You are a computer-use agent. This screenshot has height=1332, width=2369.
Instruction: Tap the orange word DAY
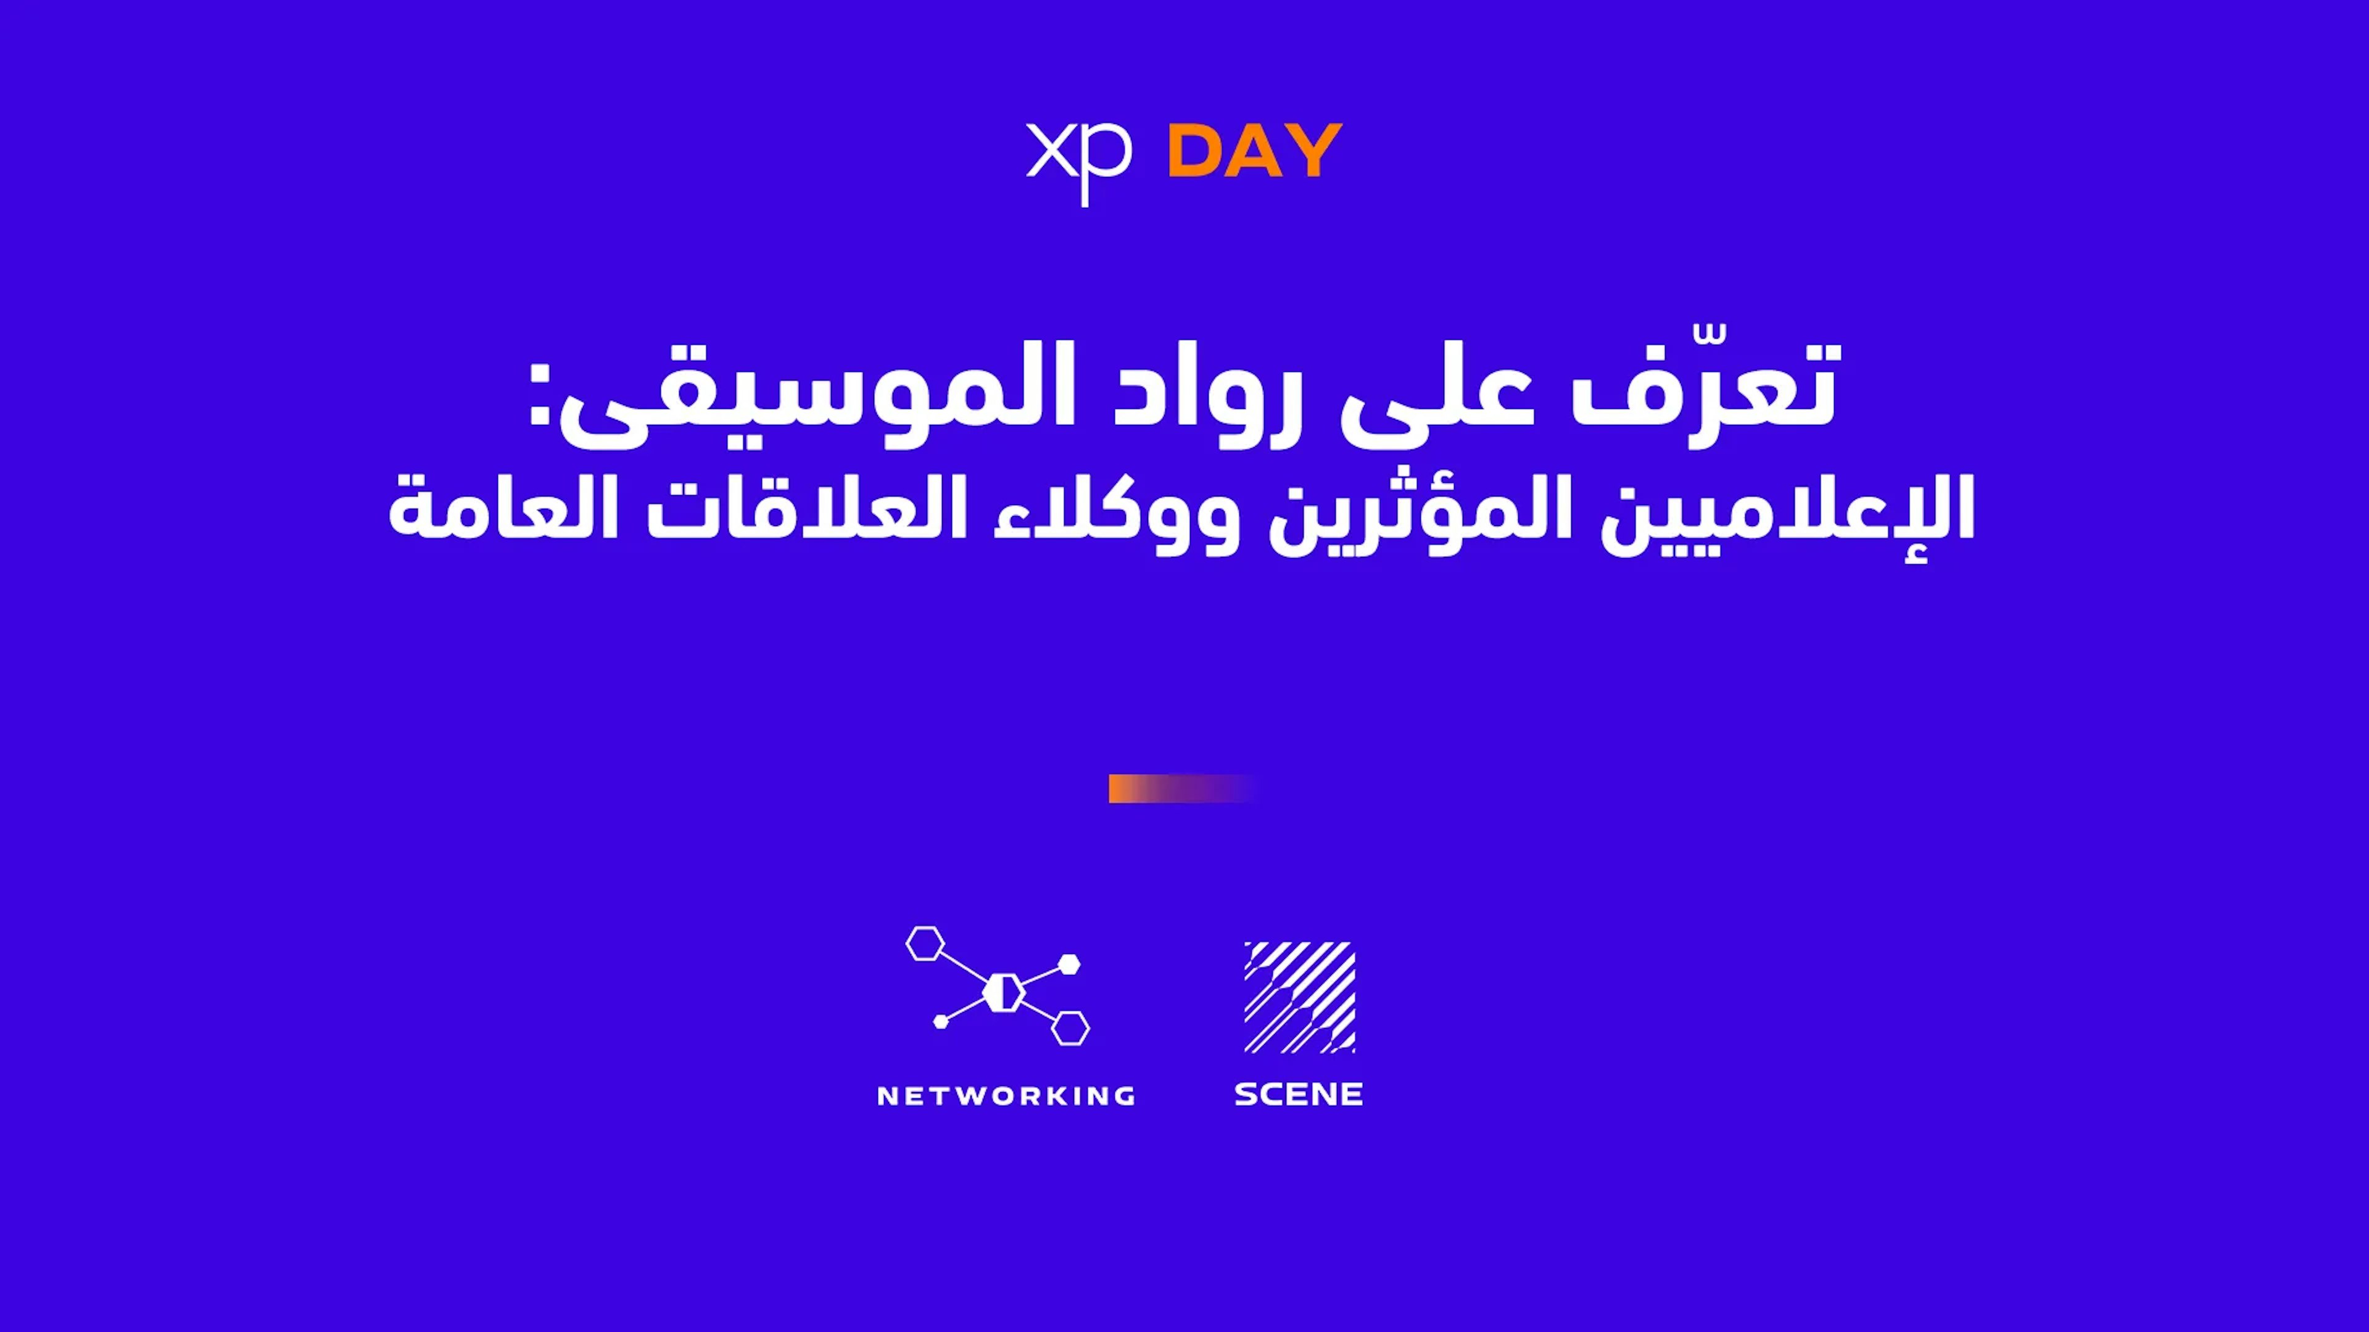1254,150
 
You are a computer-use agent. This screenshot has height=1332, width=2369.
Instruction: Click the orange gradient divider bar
1182,789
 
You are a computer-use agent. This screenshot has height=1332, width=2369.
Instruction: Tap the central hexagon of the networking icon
1003,993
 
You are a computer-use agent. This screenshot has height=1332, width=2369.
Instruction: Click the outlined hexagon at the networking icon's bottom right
1070,1029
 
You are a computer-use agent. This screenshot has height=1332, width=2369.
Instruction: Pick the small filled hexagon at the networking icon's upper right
1070,964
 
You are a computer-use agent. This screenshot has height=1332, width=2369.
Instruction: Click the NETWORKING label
1007,1096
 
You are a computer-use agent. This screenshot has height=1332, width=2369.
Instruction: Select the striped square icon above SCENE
1299,997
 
